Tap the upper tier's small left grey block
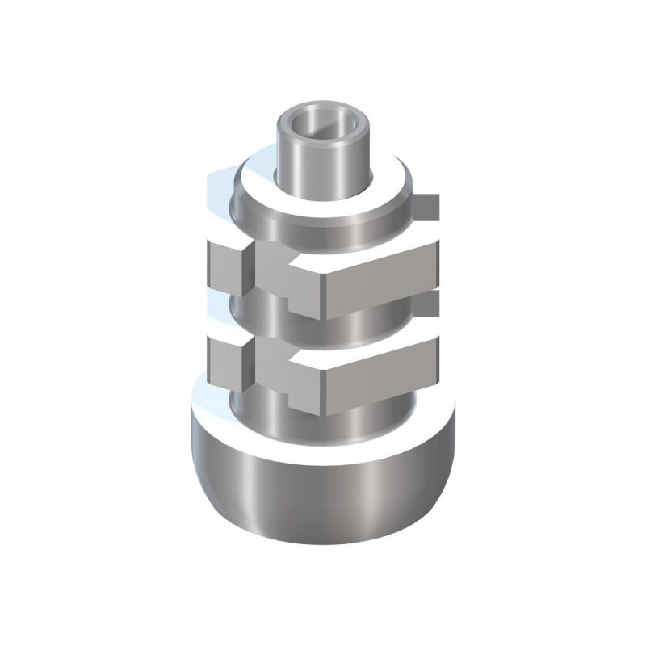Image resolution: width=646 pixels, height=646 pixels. (x=226, y=266)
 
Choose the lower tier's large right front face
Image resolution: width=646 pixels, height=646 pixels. (x=380, y=375)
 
